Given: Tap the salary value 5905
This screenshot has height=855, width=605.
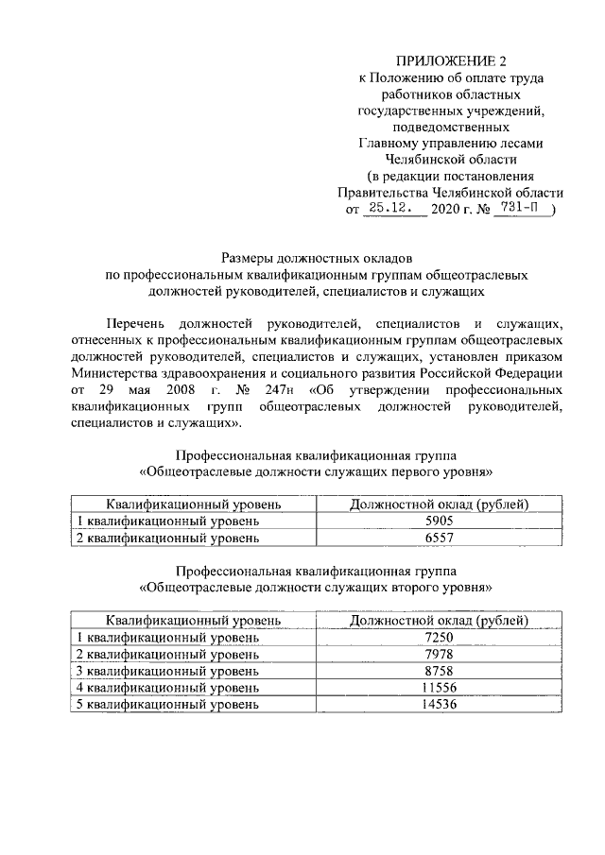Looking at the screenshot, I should pos(439,521).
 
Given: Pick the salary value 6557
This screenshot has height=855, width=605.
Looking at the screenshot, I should pos(439,538).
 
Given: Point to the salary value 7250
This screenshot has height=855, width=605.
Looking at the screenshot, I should pos(439,638).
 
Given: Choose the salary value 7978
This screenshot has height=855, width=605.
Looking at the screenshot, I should pos(439,655).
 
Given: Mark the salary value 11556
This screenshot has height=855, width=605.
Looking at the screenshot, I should pos(439,688).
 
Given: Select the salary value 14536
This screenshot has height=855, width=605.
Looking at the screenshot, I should pos(439,705).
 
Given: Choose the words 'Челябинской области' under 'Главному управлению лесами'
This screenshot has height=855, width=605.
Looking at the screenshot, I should pos(451,160).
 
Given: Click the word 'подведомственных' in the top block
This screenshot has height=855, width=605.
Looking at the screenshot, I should pos(451,127).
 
